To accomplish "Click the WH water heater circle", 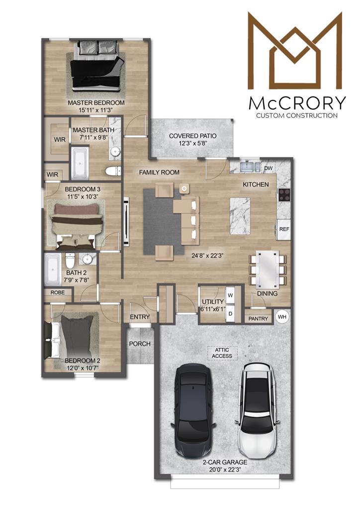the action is tap(282, 317).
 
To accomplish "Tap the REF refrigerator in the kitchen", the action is tap(284, 229).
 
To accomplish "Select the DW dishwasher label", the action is tap(268, 168).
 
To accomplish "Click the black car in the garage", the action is tap(192, 411).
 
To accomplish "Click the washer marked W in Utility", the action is tap(230, 295).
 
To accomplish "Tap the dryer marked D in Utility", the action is tap(230, 314).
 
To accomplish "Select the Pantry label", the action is tap(259, 319).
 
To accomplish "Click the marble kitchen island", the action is tap(240, 217).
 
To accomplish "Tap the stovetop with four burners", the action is tap(285, 195).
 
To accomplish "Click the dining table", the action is tap(268, 269).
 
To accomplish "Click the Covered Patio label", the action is tap(192, 136).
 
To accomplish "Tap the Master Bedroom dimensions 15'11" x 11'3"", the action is tap(95, 110).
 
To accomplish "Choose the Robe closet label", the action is tap(58, 292).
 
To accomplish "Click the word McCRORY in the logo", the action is tap(297, 103).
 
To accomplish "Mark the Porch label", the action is tap(140, 343).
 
